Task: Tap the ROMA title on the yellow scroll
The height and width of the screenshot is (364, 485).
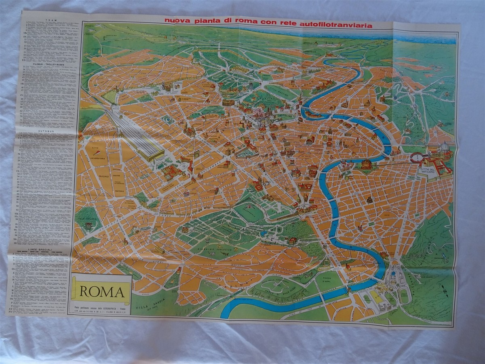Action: click(x=101, y=291)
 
